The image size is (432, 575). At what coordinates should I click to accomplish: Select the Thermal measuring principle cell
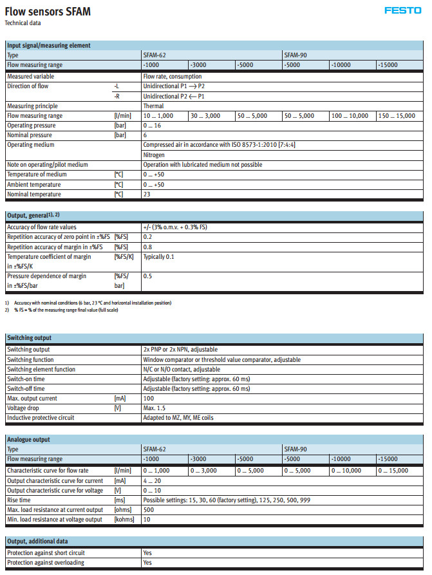pos(153,106)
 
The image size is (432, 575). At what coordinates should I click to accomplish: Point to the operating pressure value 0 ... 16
pos(153,126)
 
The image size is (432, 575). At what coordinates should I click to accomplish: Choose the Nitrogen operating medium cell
pos(154,155)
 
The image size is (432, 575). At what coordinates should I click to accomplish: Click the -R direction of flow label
pos(117,96)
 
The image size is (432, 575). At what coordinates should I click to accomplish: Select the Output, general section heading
pos(33,214)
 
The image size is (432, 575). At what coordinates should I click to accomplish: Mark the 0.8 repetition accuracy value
pos(147,247)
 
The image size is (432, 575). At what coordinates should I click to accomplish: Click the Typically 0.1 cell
pos(158,256)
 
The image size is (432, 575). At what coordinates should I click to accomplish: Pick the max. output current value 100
pos(148,399)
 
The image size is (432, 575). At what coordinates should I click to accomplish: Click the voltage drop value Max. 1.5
pos(155,408)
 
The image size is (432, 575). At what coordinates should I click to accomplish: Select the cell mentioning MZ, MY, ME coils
pos(178,418)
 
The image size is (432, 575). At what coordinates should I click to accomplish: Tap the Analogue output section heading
pos(28,439)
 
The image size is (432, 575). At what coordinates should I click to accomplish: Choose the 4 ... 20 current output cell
pos(152,480)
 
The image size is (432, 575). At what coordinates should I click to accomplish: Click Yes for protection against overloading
pos(147,563)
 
